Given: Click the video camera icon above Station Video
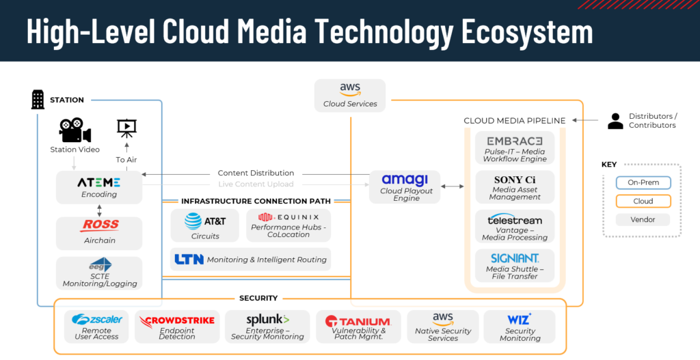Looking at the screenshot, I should (75, 130).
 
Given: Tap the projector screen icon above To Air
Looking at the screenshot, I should (126, 127).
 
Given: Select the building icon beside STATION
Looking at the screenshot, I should (38, 100).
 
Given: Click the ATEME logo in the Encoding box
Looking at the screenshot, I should (99, 182).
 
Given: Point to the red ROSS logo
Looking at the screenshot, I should (100, 225).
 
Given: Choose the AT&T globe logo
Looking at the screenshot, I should (193, 221).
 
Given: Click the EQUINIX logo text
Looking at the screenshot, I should (288, 217).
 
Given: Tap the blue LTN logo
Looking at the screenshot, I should (189, 260).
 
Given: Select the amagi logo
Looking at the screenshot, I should (405, 180).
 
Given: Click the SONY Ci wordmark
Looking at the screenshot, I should (515, 180).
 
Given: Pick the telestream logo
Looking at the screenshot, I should (515, 220).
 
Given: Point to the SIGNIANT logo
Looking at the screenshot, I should (515, 258).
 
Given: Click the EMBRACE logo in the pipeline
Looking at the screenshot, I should (515, 141).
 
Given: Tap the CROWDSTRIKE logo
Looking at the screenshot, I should (177, 320).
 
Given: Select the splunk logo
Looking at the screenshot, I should (267, 319).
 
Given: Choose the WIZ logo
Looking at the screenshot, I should (520, 319).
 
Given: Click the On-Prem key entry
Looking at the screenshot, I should (643, 183).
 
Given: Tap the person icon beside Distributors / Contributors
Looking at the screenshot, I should (615, 121).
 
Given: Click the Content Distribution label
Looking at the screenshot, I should (256, 173).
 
